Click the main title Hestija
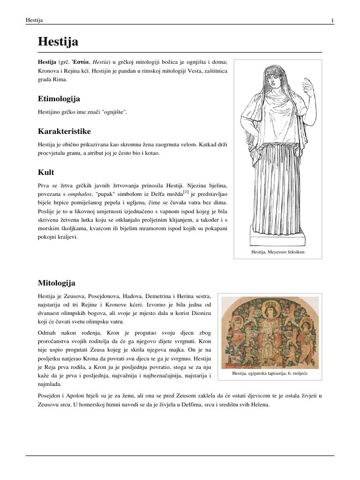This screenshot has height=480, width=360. point(58,42)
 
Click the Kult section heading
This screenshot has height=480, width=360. point(46,172)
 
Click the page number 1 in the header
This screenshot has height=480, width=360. point(332,20)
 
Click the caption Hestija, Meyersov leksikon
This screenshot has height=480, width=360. point(277,252)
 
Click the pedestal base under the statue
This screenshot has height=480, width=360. point(277,240)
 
